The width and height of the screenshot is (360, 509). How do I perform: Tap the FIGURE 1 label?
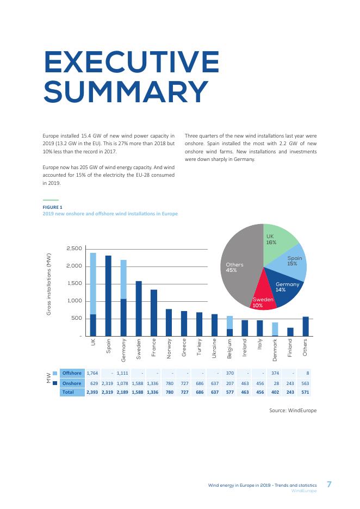click(x=53, y=207)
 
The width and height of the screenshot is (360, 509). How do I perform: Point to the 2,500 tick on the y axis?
click(x=74, y=249)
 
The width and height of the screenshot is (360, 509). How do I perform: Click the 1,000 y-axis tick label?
click(x=74, y=301)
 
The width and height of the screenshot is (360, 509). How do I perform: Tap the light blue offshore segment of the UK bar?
click(x=93, y=283)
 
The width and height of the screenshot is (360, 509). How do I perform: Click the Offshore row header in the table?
click(x=72, y=373)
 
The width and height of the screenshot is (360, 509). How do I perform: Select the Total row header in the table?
click(x=69, y=392)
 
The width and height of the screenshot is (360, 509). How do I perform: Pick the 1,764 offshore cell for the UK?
click(x=92, y=373)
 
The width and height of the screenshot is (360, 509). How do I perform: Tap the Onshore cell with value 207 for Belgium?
click(x=229, y=383)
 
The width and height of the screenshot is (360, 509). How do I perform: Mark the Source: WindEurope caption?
click(x=293, y=411)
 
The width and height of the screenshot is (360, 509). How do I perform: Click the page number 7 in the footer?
click(x=329, y=483)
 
